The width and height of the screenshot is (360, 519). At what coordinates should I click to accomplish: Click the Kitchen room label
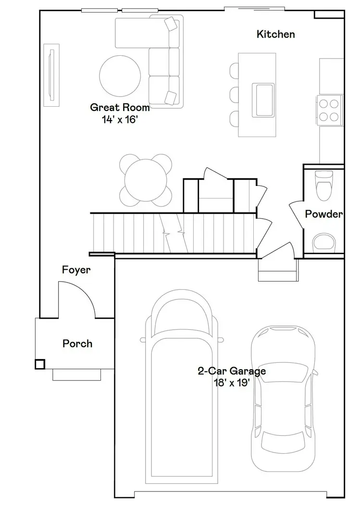click(275, 34)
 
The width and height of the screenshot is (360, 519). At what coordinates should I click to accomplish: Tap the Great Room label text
click(120, 107)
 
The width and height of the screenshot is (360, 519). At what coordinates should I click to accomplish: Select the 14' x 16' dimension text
click(120, 120)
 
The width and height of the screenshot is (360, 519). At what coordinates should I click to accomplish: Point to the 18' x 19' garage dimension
click(232, 383)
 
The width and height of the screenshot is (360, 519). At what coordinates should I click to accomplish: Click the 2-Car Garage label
click(232, 371)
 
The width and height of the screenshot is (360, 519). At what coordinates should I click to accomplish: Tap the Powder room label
click(324, 214)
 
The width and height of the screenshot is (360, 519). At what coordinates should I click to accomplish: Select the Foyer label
click(76, 270)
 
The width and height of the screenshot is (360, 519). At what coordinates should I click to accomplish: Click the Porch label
click(77, 344)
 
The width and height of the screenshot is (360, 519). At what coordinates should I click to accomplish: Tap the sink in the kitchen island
click(264, 99)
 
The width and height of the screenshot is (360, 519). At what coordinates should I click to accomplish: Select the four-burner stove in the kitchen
click(329, 109)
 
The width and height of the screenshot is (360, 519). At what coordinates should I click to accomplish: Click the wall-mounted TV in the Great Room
click(51, 74)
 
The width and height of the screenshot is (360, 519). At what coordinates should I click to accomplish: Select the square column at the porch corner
click(40, 364)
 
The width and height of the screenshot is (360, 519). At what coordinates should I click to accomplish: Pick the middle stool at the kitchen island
click(234, 94)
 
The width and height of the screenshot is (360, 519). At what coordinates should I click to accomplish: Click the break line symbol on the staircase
click(174, 233)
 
